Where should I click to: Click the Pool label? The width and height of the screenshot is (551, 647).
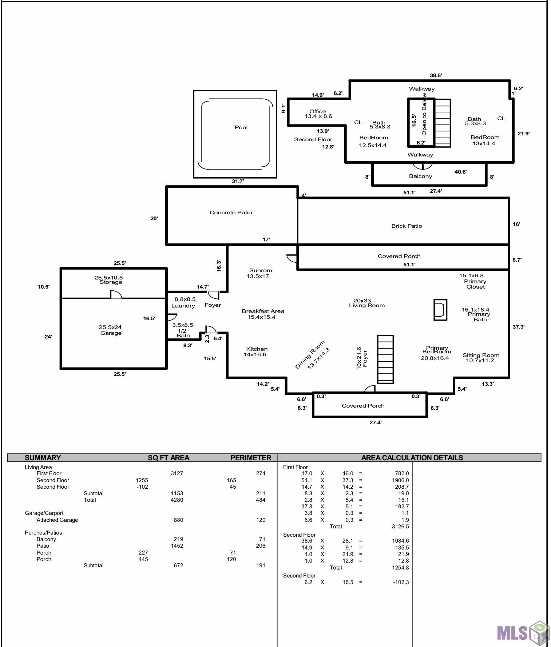(241, 127)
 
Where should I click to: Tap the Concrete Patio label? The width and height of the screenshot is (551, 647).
(231, 213)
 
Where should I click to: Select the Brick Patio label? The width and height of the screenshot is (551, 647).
(407, 226)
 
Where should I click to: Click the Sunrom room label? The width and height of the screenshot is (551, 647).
(261, 270)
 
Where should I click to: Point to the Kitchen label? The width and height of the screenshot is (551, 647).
(257, 349)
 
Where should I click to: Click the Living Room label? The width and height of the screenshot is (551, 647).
(367, 306)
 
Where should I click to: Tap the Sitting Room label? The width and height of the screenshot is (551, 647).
(481, 355)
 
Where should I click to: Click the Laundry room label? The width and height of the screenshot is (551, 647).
(183, 306)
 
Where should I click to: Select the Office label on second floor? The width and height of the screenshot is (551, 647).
(317, 111)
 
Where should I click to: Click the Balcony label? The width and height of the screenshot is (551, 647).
(420, 176)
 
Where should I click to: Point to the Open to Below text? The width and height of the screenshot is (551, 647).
(424, 114)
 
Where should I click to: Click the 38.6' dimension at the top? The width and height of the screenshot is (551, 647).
(436, 75)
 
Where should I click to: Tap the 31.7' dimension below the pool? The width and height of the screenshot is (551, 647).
(238, 181)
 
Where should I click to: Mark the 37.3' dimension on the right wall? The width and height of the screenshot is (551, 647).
(518, 327)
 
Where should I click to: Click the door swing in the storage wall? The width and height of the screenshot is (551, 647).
(116, 294)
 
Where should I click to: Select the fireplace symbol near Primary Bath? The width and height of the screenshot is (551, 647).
(440, 310)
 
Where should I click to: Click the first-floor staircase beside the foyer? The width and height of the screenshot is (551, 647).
(385, 359)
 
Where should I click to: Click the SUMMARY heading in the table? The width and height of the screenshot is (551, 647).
(43, 458)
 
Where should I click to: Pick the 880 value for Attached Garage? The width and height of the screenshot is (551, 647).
(178, 520)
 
